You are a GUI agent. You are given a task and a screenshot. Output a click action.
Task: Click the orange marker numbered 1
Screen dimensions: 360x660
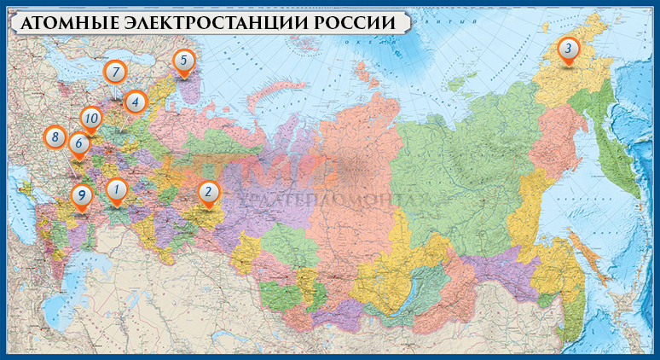pos(117,190)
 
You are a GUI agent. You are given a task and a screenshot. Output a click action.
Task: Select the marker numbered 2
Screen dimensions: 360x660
pos(207,193)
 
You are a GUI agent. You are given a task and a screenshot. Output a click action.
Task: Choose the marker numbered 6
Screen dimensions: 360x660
pos(78,143)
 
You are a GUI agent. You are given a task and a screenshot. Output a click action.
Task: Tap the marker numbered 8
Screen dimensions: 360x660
pos(55,136)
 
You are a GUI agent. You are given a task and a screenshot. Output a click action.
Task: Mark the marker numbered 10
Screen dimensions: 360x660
pos(91,119)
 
